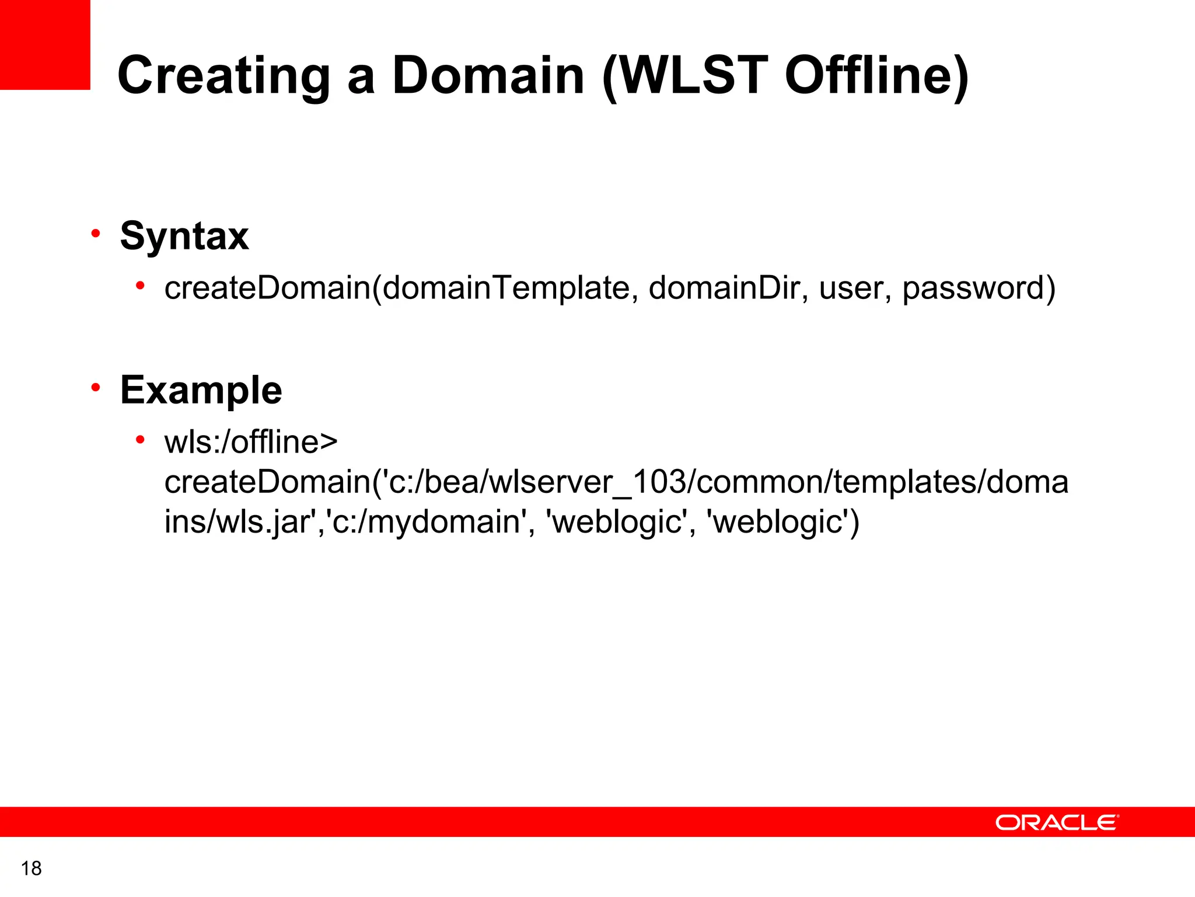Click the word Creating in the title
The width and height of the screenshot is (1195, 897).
[x=224, y=76]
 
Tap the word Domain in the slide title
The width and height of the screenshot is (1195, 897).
[x=488, y=76]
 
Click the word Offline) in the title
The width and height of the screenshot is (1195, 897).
[x=875, y=76]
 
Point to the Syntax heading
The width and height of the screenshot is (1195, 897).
[x=184, y=236]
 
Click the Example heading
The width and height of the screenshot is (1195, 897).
[x=201, y=390]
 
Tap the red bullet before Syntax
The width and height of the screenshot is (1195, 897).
[x=96, y=234]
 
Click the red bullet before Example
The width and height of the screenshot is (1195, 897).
[x=96, y=387]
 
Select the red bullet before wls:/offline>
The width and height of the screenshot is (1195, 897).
[x=140, y=440]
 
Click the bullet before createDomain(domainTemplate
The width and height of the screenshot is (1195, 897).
[x=140, y=286]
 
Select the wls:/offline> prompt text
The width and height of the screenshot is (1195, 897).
[x=251, y=442]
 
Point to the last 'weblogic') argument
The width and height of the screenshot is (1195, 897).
[x=782, y=521]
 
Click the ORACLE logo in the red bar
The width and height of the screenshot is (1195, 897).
[x=1057, y=822]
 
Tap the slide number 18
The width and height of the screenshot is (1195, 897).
[x=32, y=868]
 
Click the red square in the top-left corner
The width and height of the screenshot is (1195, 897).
[x=45, y=44]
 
